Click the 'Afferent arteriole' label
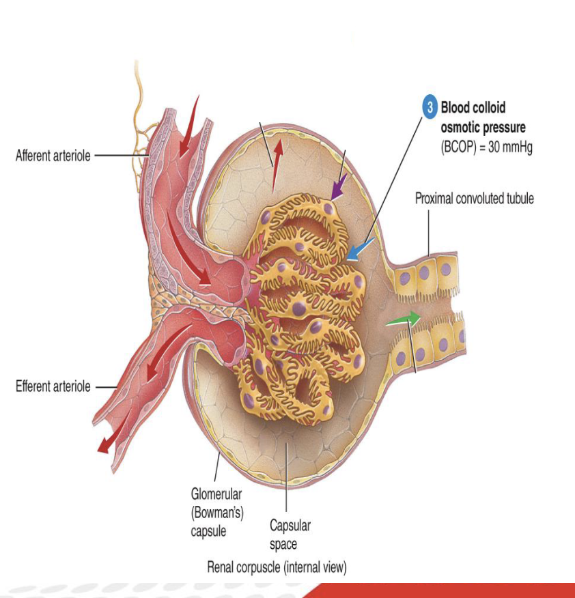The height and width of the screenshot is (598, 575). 53,156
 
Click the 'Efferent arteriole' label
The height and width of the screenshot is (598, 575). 53,386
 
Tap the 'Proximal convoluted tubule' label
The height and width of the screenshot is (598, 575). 475,199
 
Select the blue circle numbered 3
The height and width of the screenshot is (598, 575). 430,107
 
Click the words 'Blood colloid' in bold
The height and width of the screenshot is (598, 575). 473,107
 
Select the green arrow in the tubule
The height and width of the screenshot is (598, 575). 403,319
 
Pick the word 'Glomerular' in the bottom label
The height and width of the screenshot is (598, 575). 216,494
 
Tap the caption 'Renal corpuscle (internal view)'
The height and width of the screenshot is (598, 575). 277,567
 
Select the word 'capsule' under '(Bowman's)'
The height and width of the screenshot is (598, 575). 208,530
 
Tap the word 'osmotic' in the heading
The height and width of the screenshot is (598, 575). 460,128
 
